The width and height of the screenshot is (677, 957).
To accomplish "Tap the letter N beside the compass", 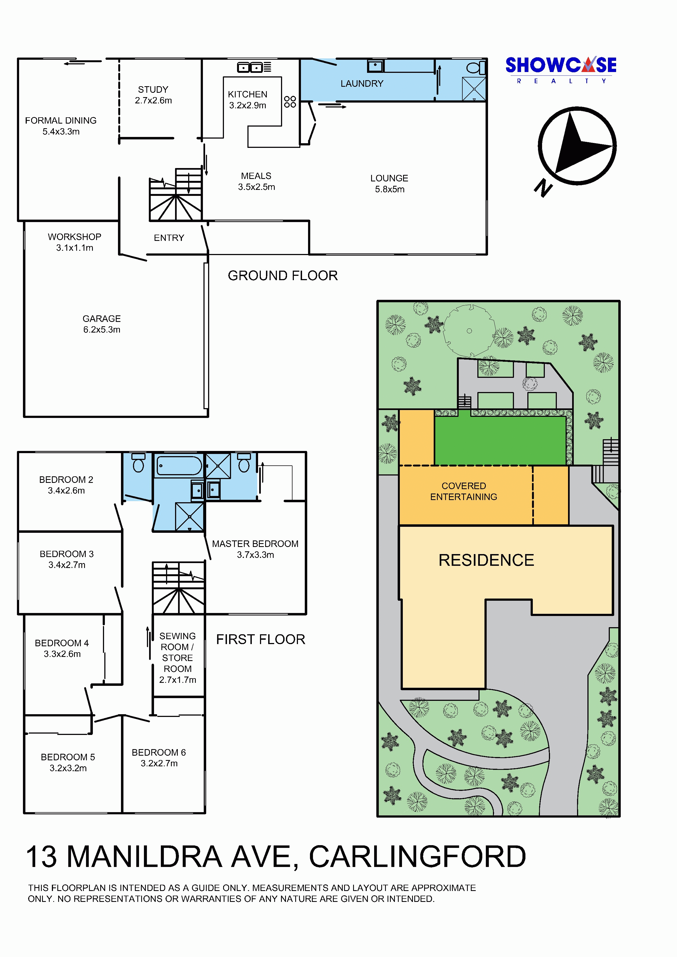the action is click(x=543, y=188).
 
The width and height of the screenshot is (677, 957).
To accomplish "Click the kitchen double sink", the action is click(x=249, y=67).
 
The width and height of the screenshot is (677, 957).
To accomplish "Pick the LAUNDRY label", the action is click(x=362, y=83).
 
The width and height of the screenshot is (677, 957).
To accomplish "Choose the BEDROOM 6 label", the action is click(x=159, y=752).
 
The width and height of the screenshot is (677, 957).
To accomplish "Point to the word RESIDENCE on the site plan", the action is click(x=486, y=560).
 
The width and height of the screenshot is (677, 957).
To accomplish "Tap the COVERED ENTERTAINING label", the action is click(x=464, y=491).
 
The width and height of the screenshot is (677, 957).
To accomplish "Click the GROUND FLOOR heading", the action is click(x=283, y=276).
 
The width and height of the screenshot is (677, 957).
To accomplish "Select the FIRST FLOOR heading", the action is click(x=261, y=639).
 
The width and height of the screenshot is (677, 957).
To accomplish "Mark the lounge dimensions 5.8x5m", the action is click(x=390, y=189).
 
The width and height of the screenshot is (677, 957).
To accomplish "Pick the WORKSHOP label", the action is click(x=75, y=237).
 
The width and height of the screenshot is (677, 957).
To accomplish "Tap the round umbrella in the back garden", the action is click(x=469, y=331).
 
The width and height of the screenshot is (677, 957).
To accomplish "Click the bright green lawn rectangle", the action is click(x=500, y=441).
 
